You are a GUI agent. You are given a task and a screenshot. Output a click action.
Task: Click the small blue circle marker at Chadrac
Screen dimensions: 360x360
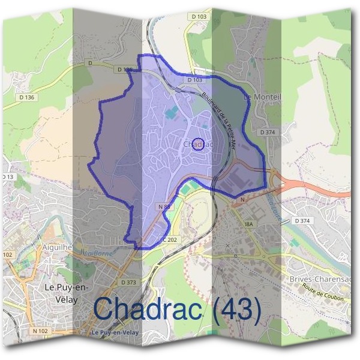click(x=201, y=143)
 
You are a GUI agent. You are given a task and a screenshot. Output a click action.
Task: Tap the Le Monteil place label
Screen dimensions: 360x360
click(x=262, y=96)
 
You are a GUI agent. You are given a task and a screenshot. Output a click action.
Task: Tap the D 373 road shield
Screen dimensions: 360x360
click(x=128, y=282)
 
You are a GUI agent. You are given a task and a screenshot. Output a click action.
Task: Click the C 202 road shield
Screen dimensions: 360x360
click(x=170, y=240)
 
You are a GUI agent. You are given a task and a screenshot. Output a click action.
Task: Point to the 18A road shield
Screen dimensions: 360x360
click(x=250, y=224)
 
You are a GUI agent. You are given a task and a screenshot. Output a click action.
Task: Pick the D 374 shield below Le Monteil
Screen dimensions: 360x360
click(x=267, y=131)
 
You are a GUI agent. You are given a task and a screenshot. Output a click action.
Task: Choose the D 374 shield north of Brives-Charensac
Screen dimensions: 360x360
click(x=303, y=221)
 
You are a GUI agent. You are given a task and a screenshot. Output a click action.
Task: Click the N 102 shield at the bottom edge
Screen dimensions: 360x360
click(x=40, y=331)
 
